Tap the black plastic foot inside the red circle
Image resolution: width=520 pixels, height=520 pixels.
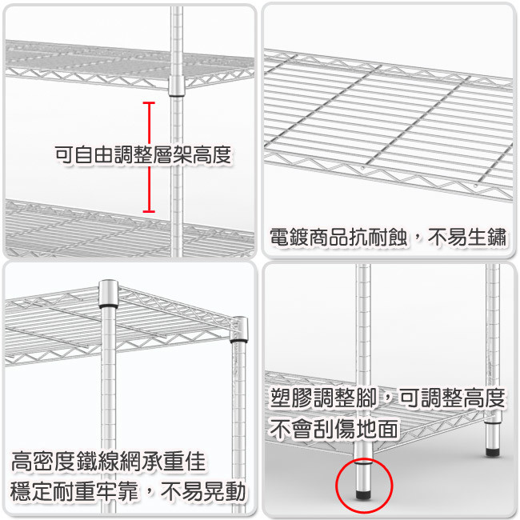[363, 494]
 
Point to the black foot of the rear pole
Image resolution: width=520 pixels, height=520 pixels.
[493, 452]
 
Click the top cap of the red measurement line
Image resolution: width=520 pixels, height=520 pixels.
[149, 103]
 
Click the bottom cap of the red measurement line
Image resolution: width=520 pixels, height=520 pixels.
[149, 211]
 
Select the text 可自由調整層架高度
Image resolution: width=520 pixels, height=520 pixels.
[143, 154]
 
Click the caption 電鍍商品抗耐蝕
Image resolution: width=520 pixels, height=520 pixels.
[338, 237]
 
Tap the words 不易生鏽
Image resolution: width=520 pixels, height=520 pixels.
[468, 237]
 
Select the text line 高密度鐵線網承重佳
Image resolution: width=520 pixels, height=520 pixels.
[109, 461]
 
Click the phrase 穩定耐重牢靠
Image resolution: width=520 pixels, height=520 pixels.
[74, 491]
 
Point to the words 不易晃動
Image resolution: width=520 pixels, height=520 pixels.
[203, 491]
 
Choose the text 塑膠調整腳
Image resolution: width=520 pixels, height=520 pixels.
[323, 398]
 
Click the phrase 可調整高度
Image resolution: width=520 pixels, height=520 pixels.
[452, 398]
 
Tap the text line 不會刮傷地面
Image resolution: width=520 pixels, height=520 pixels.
[334, 429]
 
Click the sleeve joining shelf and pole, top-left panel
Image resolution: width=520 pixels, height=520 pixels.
[177, 86]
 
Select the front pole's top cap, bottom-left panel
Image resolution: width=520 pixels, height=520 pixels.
[109, 294]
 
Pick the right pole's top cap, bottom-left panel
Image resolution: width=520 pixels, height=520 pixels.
[239, 330]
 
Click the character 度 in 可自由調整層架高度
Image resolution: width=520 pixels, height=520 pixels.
[222, 154]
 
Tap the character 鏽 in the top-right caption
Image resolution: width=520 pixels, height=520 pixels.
[498, 237]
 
